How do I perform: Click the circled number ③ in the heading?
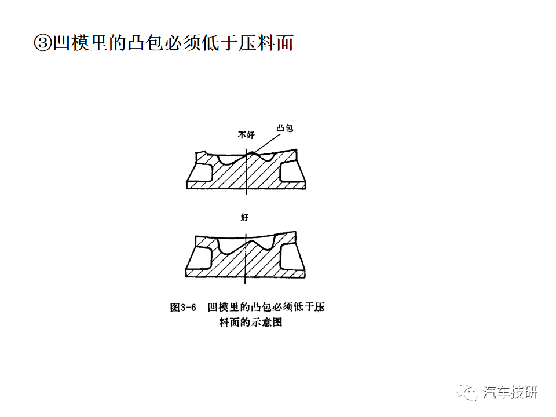point(43,43)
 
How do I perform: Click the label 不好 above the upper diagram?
point(246,135)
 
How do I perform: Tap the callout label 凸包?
point(285,128)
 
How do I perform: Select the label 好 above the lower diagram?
point(244,217)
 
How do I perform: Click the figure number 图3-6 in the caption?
point(183,308)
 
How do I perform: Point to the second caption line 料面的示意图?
point(250,323)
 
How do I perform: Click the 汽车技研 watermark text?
point(510,393)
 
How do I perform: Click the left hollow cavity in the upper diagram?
point(201,173)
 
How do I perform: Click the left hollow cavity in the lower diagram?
point(200,258)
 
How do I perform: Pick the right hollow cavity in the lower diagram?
point(291,258)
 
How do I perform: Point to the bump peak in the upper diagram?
point(252,153)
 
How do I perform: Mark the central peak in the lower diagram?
point(253,242)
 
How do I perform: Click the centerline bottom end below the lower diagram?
point(246,283)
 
